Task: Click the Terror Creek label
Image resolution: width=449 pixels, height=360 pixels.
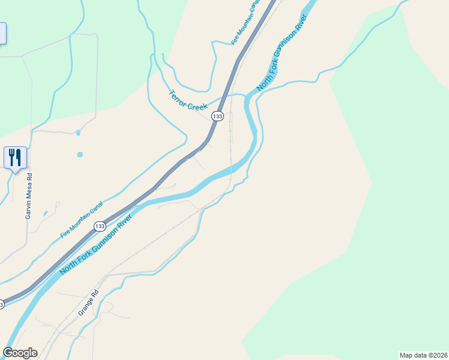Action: (188, 100)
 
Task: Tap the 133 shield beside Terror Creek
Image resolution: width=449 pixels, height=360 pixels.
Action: (217, 116)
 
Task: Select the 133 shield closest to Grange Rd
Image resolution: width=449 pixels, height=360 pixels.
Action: (100, 226)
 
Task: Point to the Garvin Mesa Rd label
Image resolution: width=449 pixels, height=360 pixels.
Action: (28, 196)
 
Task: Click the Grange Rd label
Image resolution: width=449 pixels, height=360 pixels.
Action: (87, 304)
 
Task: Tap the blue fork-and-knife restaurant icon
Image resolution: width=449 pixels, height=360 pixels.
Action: (15, 158)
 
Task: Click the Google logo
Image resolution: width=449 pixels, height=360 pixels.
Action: (20, 353)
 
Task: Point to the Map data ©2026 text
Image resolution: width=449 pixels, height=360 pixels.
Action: (423, 355)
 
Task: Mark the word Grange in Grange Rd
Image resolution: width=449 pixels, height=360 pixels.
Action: (85, 308)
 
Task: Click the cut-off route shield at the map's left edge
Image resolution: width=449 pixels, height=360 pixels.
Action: (2, 305)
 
